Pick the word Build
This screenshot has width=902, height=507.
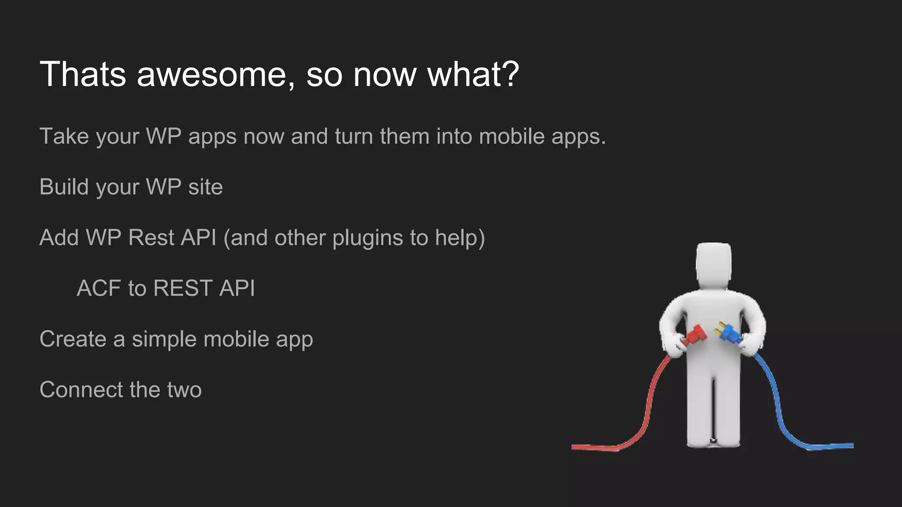[64, 187]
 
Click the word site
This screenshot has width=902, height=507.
[205, 187]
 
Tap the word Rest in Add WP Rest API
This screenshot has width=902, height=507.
[151, 238]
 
